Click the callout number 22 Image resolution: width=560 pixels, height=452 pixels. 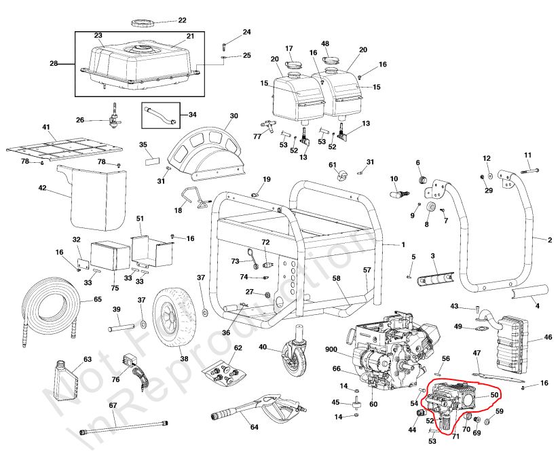tap(163, 20)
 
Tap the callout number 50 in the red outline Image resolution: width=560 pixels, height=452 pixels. tap(493, 395)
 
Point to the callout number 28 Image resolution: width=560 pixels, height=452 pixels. tap(54, 64)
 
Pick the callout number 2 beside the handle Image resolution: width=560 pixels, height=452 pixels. tap(550, 240)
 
